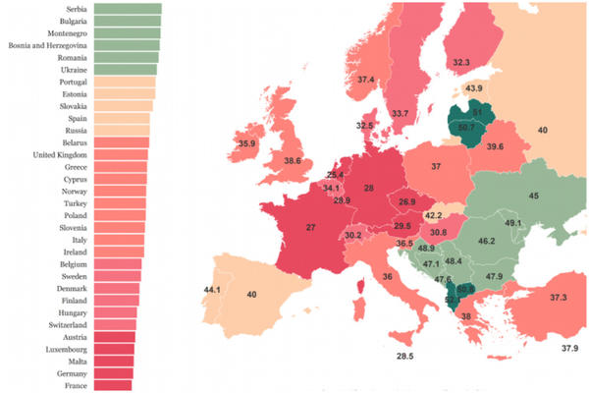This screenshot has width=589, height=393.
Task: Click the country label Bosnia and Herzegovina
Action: click(x=49, y=45)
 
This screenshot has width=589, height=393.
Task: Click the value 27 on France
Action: click(x=309, y=227)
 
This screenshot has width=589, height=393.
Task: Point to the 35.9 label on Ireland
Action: click(x=245, y=143)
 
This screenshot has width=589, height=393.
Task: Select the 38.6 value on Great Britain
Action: click(x=292, y=161)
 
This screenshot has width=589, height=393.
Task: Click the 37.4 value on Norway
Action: click(x=365, y=80)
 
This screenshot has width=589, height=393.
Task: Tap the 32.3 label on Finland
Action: click(x=460, y=62)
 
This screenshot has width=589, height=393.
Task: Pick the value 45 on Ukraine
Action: click(x=533, y=196)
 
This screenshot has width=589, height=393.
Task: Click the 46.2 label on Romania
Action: click(x=486, y=241)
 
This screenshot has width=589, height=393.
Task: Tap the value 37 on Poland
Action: click(x=435, y=167)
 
